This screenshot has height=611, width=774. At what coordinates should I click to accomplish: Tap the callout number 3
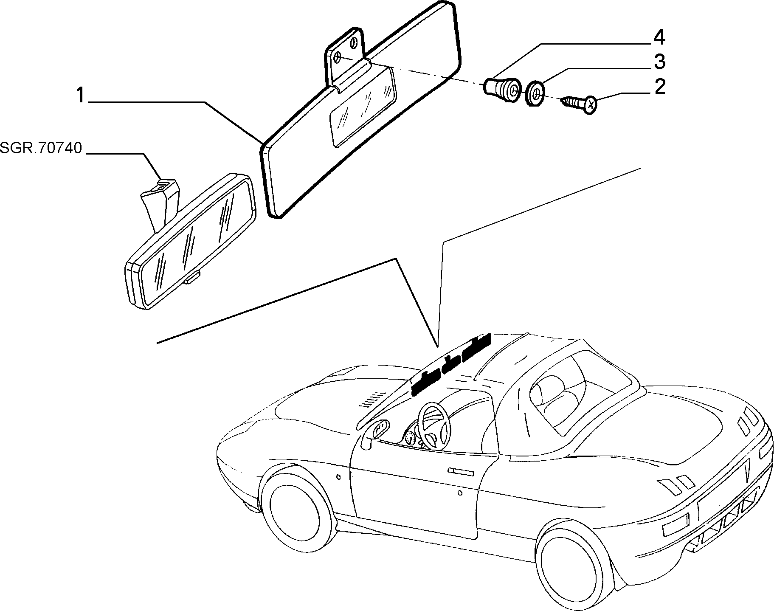659,62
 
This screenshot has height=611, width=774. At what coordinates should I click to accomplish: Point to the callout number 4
659,38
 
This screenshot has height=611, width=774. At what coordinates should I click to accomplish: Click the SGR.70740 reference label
41,148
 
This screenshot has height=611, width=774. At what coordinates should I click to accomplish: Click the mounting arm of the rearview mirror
160,203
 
